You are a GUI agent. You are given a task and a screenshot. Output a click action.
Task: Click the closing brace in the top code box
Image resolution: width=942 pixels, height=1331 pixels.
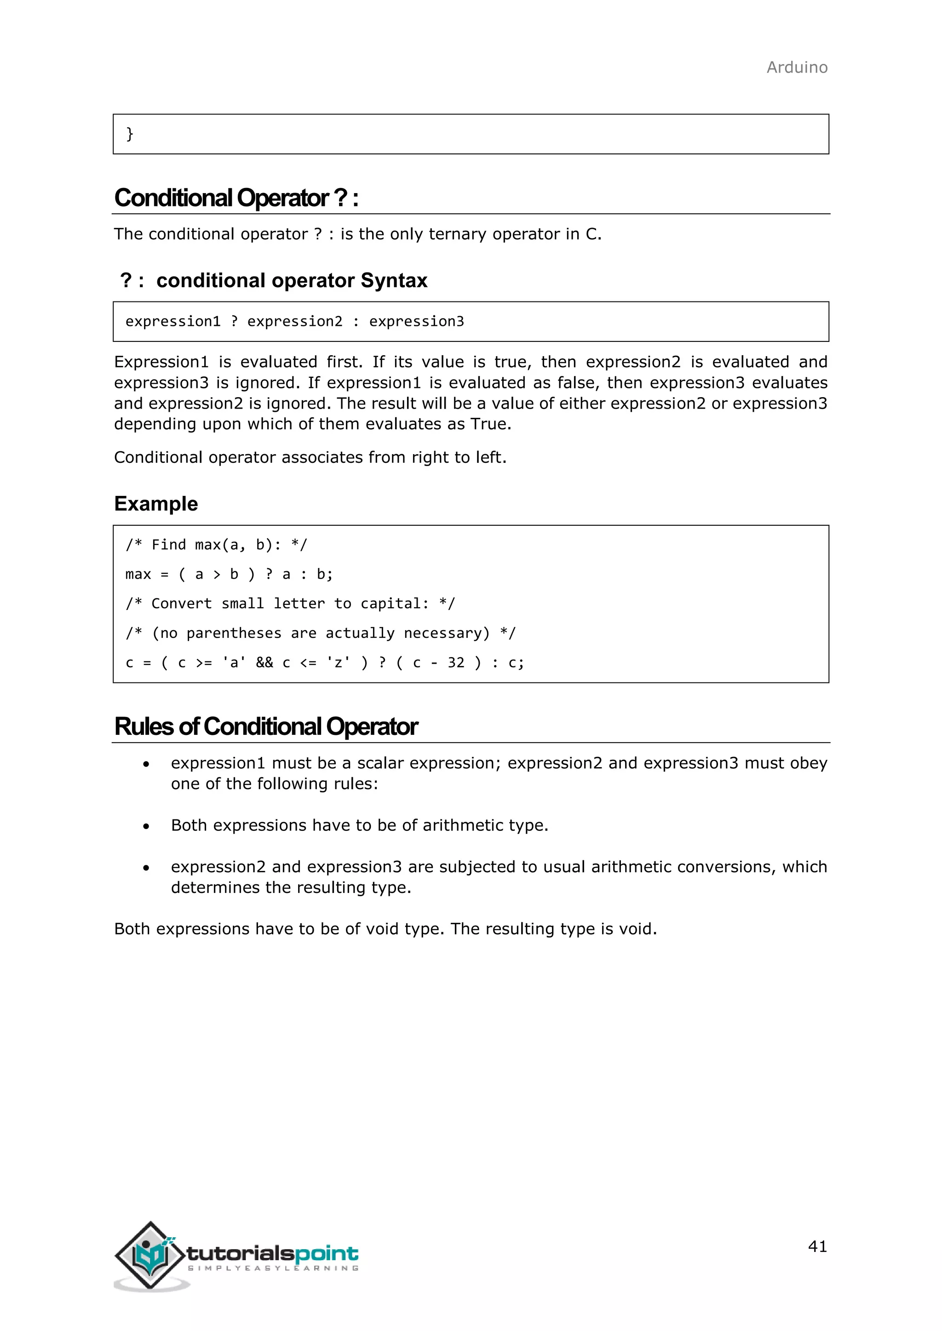click(130, 134)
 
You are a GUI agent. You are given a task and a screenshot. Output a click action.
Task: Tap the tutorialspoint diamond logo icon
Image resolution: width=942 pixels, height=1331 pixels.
click(150, 1256)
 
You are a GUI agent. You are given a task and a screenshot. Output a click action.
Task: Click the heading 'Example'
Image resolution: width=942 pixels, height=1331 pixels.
click(155, 504)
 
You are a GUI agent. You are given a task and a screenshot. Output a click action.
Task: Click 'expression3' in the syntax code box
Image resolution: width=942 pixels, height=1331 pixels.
click(416, 322)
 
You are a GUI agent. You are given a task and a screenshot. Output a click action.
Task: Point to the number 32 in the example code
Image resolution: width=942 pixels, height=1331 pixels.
click(455, 663)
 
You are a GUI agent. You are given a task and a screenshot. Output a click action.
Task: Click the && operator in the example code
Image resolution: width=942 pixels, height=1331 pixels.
click(264, 663)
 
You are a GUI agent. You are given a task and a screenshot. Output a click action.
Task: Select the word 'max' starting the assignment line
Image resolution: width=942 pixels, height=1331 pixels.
click(138, 574)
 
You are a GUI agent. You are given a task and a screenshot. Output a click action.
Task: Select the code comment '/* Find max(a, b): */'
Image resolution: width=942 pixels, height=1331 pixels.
click(216, 545)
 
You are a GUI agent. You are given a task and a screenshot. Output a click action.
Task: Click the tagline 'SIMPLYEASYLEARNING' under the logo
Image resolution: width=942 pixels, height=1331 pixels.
click(273, 1268)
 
